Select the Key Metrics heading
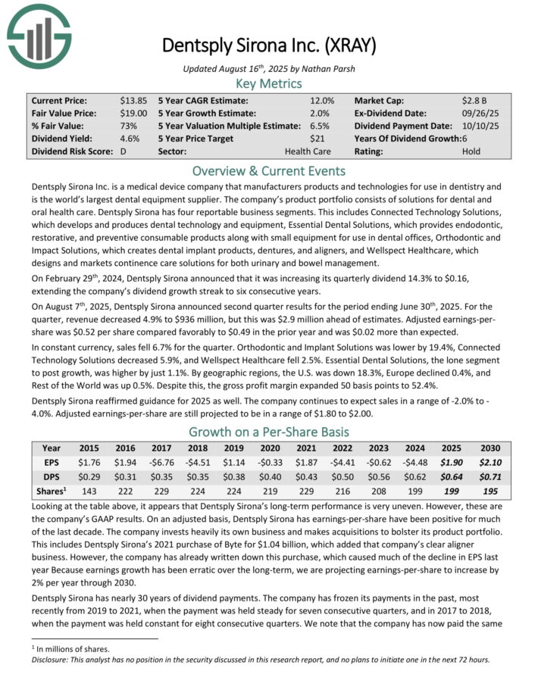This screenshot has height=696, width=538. click(269, 83)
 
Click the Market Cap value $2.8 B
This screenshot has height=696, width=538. click(474, 100)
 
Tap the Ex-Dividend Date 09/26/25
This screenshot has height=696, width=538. click(479, 113)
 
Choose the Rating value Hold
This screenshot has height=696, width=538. click(471, 151)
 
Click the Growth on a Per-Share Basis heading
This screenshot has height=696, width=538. click(269, 432)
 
